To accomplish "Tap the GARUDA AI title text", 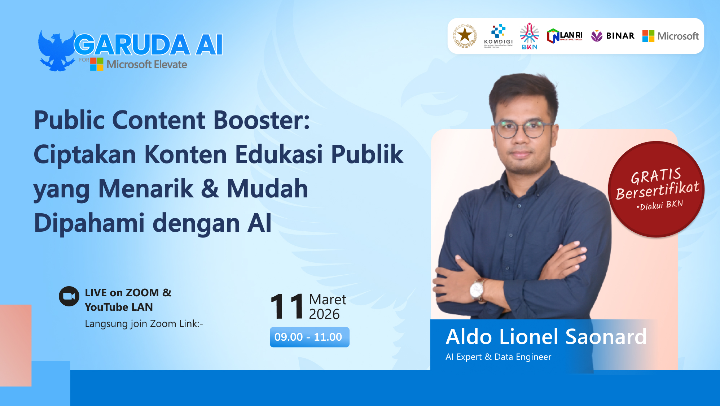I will [x=148, y=45].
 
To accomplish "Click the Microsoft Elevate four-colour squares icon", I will [x=97, y=64].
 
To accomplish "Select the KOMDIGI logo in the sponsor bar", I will [x=498, y=36].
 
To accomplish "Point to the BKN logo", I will [x=529, y=36].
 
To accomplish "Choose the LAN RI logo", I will [x=565, y=36].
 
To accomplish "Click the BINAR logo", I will [x=613, y=36].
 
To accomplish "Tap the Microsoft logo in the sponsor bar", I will [x=670, y=36].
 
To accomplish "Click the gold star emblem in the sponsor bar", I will [x=465, y=36].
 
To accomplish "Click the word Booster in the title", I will [x=262, y=120].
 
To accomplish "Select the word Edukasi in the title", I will [x=279, y=154].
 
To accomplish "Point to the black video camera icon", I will [x=69, y=296].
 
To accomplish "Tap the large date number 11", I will [x=287, y=307].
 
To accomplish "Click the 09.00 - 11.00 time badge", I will [x=309, y=337].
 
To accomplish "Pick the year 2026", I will [x=324, y=314].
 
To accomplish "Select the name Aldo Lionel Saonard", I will [x=546, y=337].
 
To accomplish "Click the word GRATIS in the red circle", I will [x=655, y=176].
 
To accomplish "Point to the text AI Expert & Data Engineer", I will [x=498, y=357].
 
